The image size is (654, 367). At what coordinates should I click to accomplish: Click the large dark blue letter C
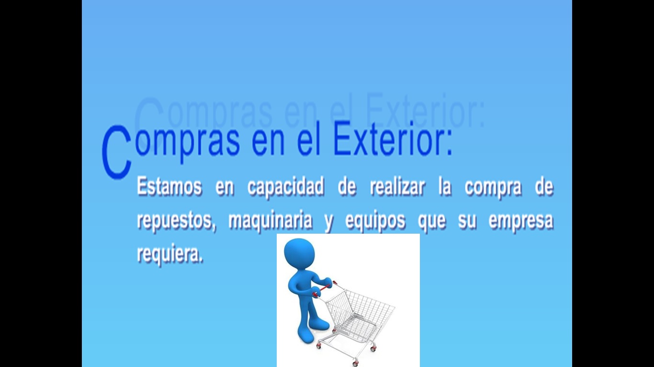click(x=117, y=152)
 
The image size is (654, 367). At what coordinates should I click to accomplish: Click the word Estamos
click(x=169, y=186)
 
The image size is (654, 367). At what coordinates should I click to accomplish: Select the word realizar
click(x=397, y=186)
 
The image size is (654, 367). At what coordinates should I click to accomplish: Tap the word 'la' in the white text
click(x=445, y=186)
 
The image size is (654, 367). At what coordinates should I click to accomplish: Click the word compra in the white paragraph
click(x=493, y=188)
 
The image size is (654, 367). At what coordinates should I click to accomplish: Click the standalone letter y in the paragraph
click(x=329, y=223)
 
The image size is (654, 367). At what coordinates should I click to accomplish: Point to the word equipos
click(x=375, y=222)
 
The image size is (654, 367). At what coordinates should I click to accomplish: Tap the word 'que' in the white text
click(x=432, y=223)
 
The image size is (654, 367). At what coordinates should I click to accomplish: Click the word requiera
click(x=170, y=254)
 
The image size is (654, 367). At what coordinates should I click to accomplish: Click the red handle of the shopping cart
click(x=323, y=289)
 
